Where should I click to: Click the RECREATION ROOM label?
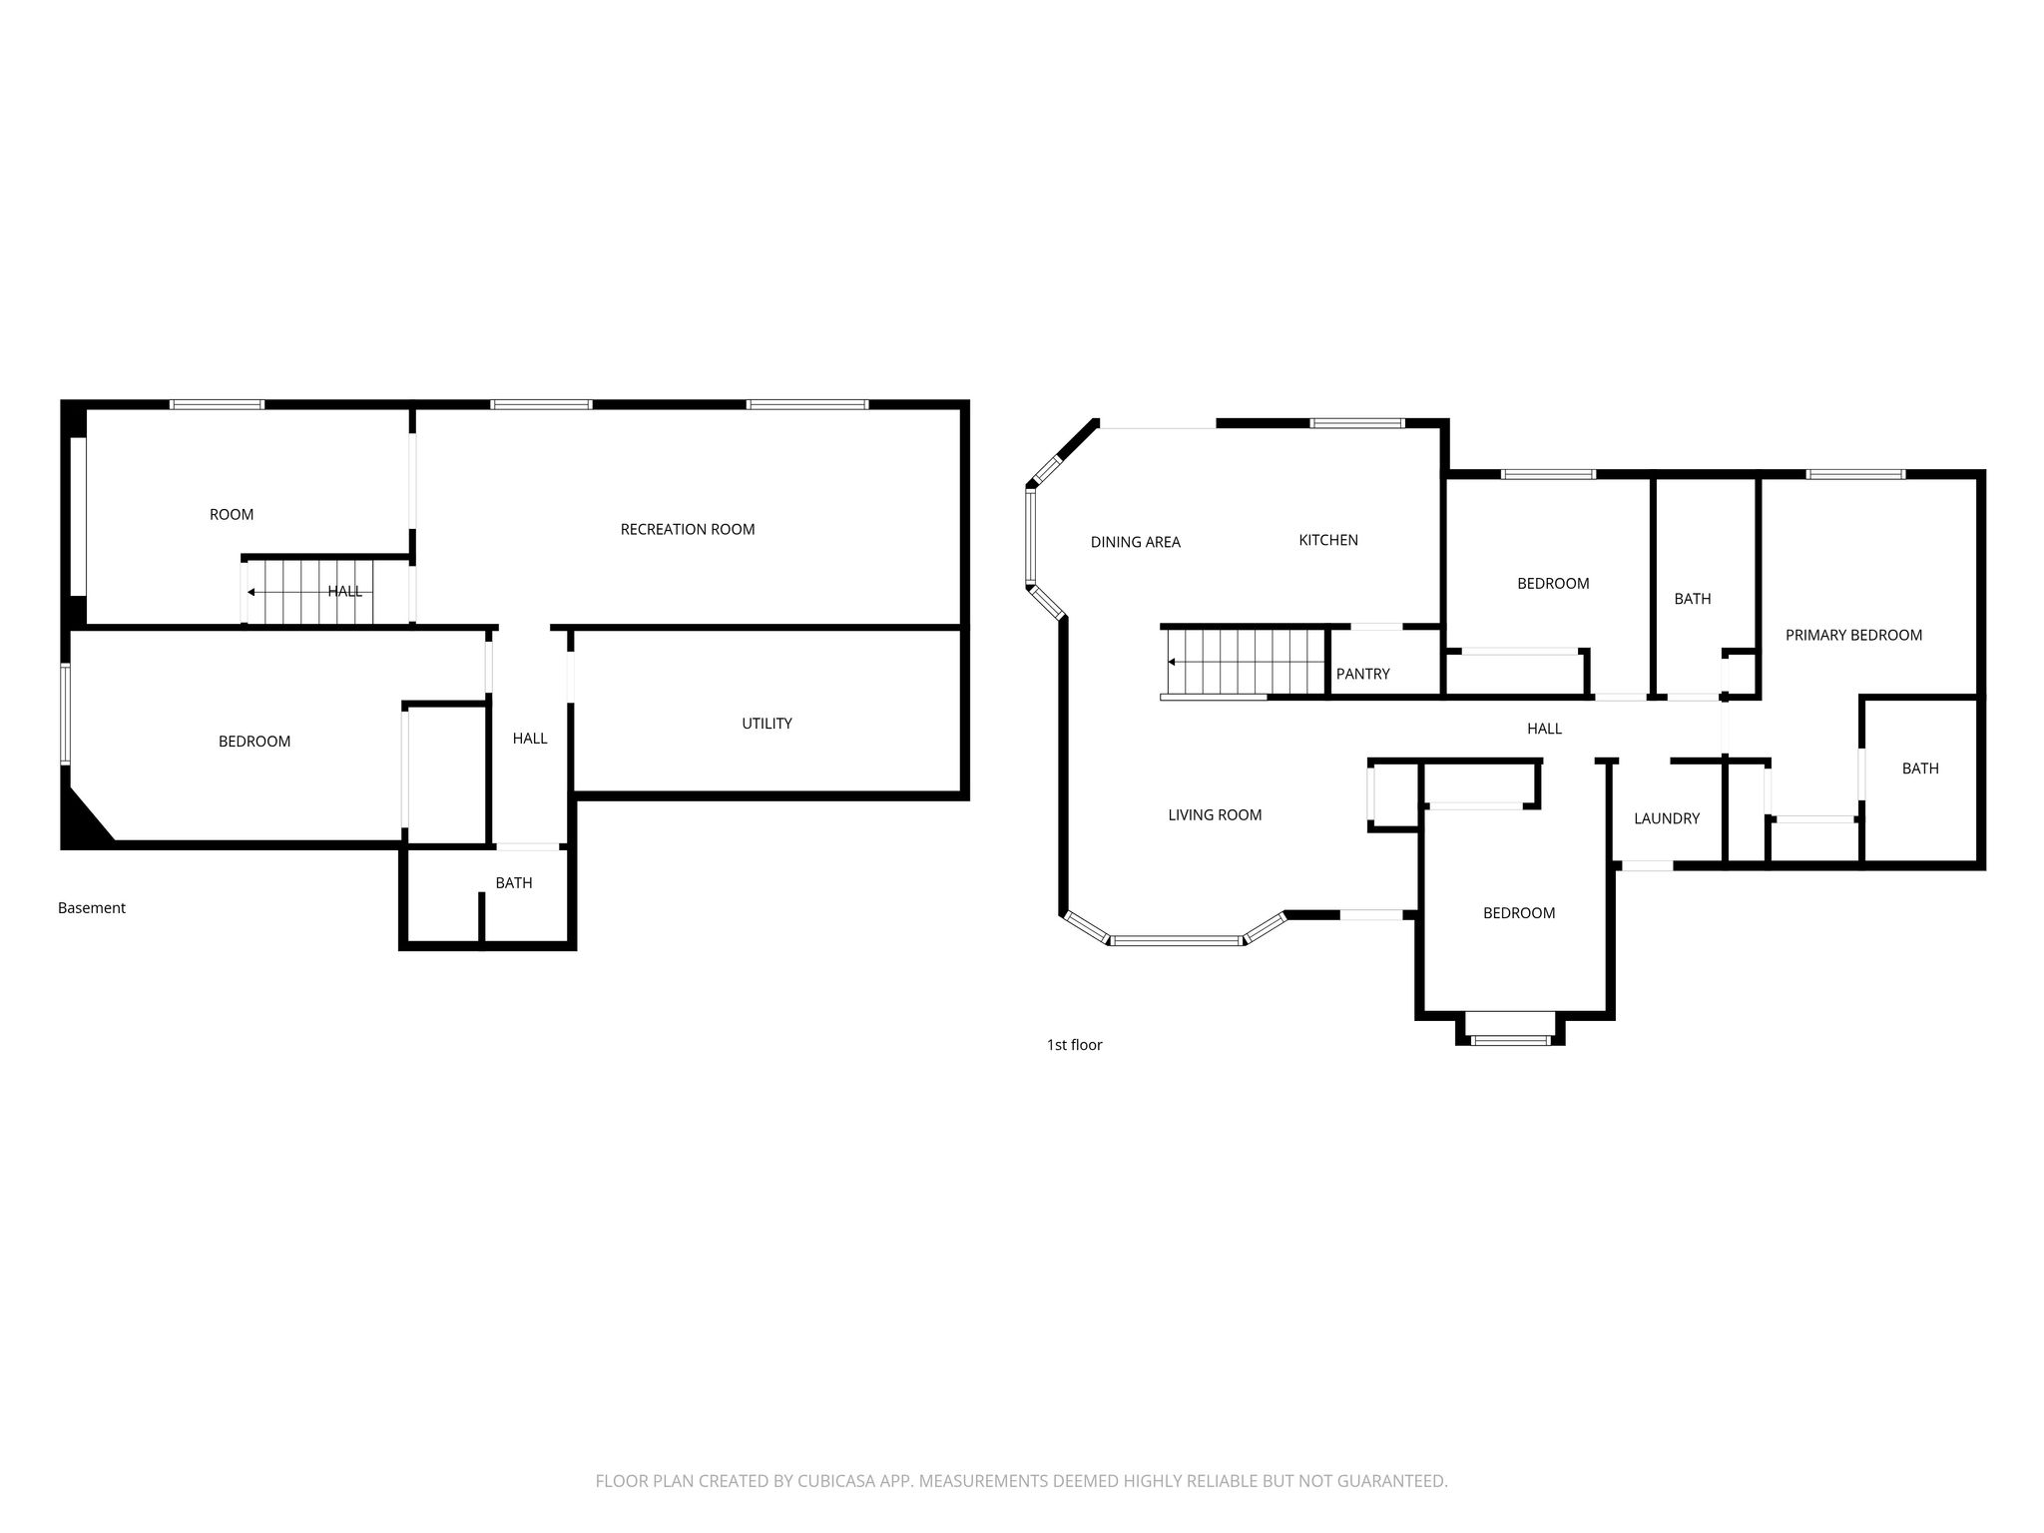coord(688,529)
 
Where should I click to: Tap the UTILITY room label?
coord(766,724)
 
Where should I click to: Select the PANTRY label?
coord(1362,674)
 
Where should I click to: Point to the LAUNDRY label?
coord(1667,818)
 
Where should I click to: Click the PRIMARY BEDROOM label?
coord(1853,635)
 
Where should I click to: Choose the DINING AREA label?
coord(1135,542)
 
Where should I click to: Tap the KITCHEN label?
coord(1328,540)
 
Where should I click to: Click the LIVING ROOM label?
coord(1215,815)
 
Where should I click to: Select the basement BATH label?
coord(514,883)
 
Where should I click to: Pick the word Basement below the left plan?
coord(92,908)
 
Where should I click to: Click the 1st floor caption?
coord(1074,1045)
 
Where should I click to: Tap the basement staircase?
coord(309,592)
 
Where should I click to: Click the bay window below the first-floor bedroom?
coord(1510,1040)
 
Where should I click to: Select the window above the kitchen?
coord(1357,423)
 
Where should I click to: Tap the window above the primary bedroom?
coord(1855,474)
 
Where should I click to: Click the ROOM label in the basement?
coord(232,515)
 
